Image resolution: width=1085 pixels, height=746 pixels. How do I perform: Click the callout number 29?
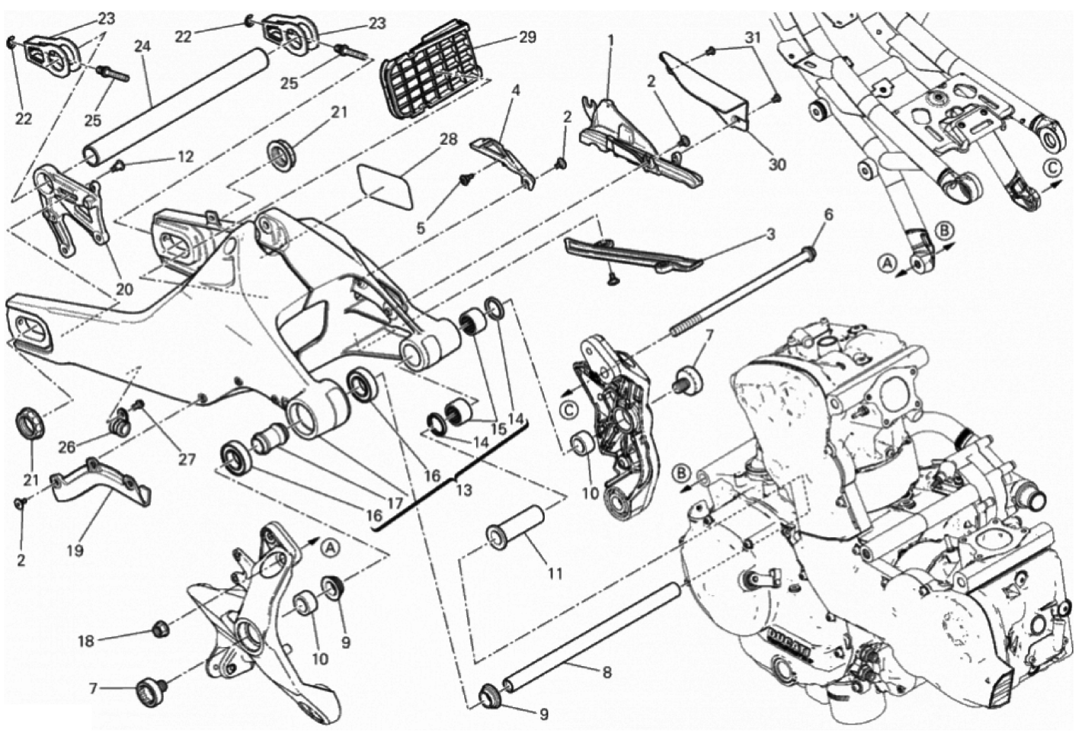527,37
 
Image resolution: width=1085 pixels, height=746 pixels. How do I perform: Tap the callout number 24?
142,46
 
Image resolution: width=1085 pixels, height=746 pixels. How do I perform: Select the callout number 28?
449,139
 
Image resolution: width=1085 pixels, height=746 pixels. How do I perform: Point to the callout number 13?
463,490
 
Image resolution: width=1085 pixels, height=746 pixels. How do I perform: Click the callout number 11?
555,574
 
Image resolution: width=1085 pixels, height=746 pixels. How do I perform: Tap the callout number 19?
75,550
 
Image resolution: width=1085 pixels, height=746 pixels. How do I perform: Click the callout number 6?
829,215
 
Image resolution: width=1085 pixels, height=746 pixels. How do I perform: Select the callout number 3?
770,235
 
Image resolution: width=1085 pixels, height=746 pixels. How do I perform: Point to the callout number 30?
777,165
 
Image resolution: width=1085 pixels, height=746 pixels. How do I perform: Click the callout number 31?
752,37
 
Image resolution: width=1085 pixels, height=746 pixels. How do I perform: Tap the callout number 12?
184,156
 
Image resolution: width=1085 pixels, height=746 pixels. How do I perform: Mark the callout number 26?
67,447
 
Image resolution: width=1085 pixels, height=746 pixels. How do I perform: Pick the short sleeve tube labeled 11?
517,527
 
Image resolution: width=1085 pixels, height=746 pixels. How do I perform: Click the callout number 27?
187,459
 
